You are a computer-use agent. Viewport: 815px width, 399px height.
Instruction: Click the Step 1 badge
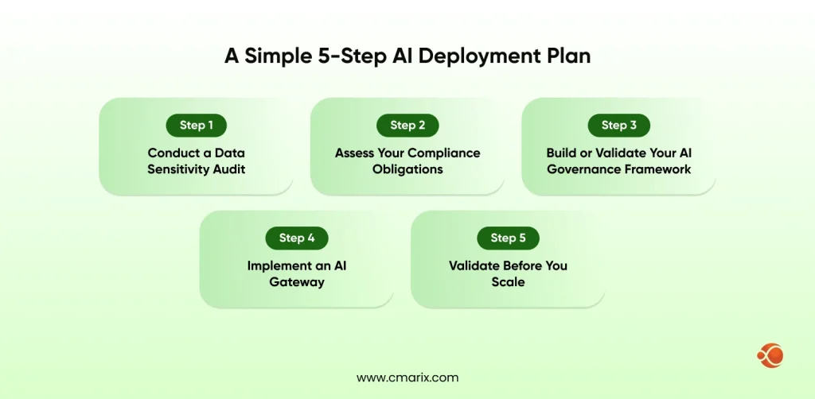(x=196, y=125)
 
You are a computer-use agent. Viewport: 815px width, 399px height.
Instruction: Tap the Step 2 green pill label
(x=407, y=125)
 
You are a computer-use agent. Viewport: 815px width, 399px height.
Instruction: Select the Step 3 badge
(x=618, y=125)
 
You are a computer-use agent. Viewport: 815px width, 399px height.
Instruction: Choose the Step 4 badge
(x=296, y=238)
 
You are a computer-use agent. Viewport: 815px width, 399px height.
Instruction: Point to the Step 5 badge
(x=508, y=238)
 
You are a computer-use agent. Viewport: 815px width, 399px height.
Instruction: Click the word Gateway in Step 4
(x=296, y=281)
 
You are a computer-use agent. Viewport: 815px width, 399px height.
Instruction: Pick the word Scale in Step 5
(x=508, y=281)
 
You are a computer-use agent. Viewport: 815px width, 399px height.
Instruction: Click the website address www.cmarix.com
(x=407, y=378)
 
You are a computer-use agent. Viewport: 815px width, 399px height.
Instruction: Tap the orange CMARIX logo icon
(x=770, y=354)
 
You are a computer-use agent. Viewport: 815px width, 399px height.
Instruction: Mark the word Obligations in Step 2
(x=407, y=169)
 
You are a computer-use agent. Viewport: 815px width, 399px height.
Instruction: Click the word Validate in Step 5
(x=474, y=265)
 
